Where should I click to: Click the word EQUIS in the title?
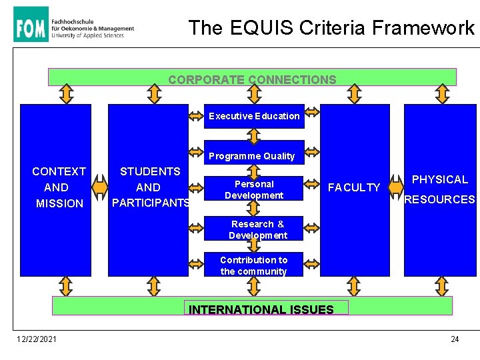pos(261,28)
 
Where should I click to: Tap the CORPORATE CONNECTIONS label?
pos(252,80)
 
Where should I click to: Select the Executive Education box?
pos(254,116)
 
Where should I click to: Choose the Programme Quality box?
pos(251,156)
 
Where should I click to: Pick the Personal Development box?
pos(254,189)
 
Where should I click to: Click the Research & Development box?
pos(257,229)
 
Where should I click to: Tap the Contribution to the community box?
pos(253,265)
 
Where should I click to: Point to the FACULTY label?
pos(354,188)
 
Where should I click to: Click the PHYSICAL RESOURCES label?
pos(439,189)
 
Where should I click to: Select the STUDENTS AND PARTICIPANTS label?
pos(149,187)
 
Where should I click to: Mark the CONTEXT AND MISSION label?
pos(59,187)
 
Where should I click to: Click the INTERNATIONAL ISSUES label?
pos(261,309)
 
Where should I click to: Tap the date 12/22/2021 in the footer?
pos(37,339)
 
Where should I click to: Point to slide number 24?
pos(455,339)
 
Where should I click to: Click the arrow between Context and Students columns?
pos(100,187)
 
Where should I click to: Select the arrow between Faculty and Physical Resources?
pos(396,190)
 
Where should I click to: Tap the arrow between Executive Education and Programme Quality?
pos(254,135)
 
